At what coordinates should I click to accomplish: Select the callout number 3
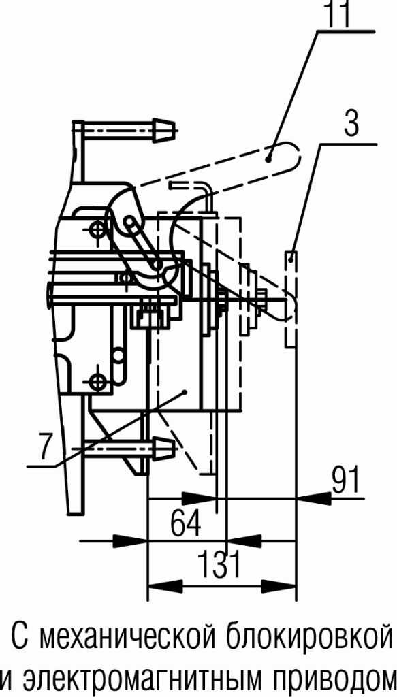351,124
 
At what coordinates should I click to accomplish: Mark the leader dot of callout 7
185,391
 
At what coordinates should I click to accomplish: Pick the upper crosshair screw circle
96,230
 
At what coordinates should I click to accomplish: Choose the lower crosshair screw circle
96,381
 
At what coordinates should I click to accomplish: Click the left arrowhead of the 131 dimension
165,586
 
